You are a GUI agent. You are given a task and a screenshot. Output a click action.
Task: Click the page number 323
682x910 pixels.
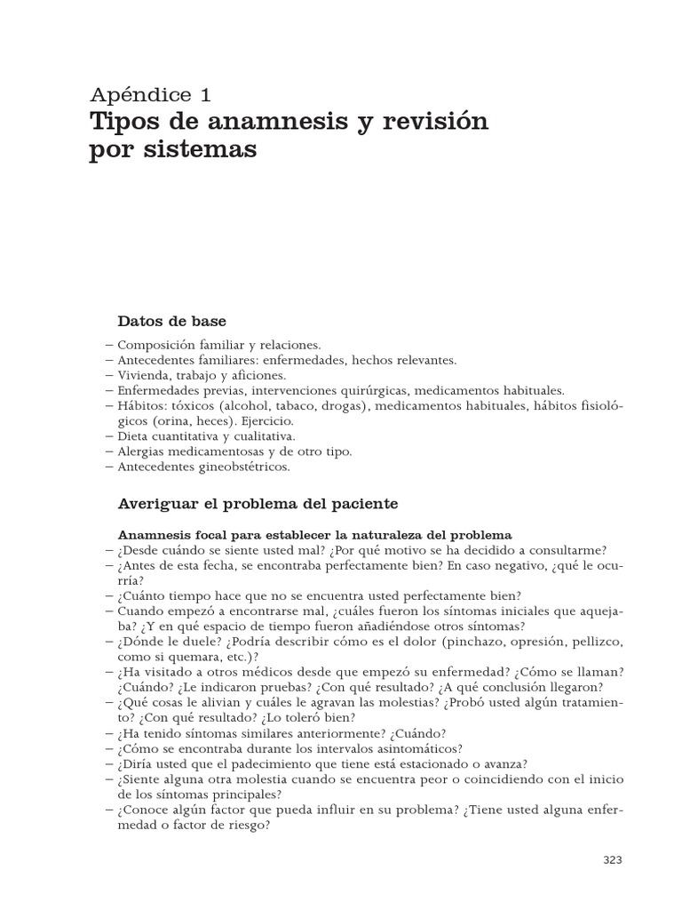[613, 859]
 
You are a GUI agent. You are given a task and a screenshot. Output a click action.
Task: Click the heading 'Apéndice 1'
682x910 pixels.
[150, 94]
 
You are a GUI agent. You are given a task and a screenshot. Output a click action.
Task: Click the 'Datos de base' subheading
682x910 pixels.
[172, 320]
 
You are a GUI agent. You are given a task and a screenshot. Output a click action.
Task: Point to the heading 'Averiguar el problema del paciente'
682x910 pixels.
[258, 503]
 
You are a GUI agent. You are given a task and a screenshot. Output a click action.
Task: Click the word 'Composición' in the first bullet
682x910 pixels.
[154, 345]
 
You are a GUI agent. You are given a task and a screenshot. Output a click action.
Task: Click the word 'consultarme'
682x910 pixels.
[565, 550]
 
